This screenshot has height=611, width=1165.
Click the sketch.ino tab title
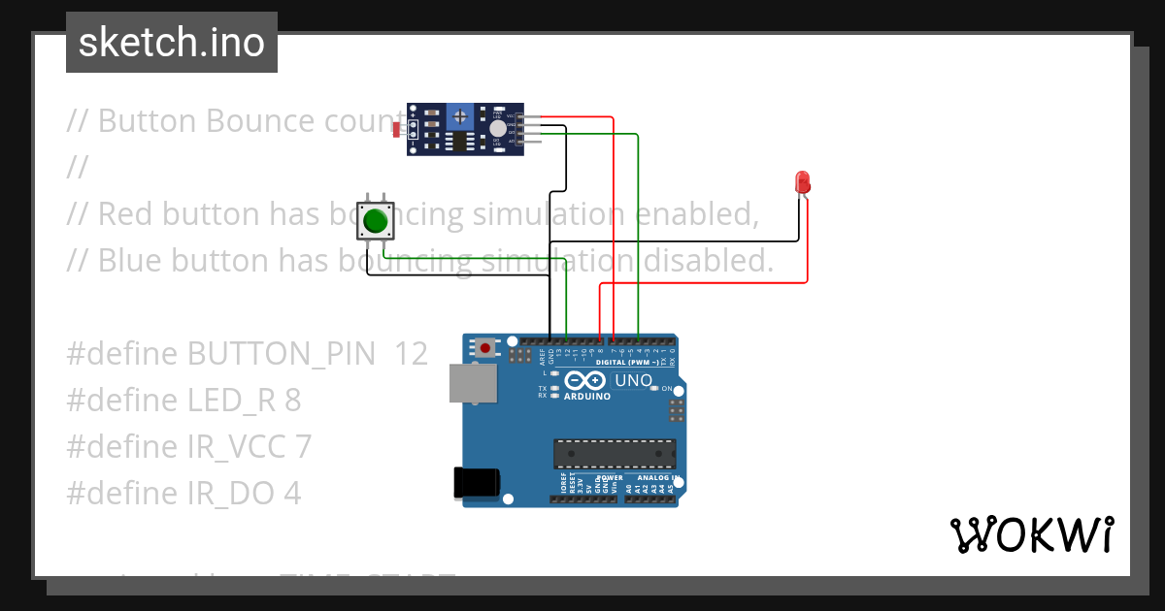pos(172,44)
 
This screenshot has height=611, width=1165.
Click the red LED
pos(802,181)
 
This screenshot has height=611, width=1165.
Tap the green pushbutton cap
pos(376,222)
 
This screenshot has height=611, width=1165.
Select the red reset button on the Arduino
pos(484,346)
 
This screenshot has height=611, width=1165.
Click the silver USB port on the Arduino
pos(473,383)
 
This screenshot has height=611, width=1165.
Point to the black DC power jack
pos(478,482)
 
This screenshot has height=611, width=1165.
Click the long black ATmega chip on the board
pos(615,453)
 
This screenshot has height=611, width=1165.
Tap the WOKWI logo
pos(1031,535)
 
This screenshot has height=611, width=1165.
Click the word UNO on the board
pos(633,380)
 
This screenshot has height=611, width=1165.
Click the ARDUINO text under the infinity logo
pos(587,396)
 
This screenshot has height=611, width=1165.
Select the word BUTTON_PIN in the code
pos(281,354)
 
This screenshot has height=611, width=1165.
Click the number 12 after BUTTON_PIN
pos(411,354)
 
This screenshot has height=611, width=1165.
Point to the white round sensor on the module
pos(497,128)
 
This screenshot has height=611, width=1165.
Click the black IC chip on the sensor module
pos(454,142)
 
